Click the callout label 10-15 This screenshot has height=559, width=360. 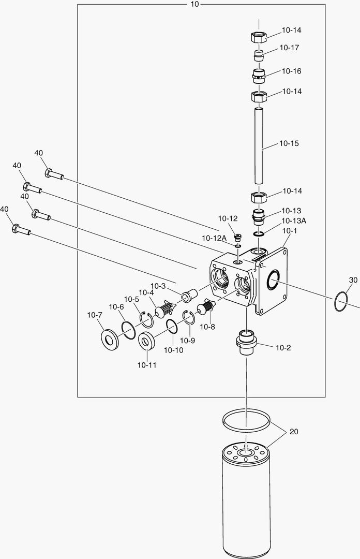(x=289, y=144)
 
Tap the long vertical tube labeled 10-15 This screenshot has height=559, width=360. (x=259, y=145)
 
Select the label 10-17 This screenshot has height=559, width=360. (x=289, y=48)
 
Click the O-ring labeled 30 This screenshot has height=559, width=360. (x=341, y=302)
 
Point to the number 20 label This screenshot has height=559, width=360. (x=294, y=432)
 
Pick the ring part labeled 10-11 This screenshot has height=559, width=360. (x=146, y=341)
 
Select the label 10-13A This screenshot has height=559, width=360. (x=294, y=220)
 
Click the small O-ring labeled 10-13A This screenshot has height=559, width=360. (x=259, y=234)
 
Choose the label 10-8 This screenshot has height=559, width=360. (x=207, y=327)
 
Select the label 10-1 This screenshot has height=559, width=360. (x=290, y=231)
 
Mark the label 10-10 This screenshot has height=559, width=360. (x=174, y=350)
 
